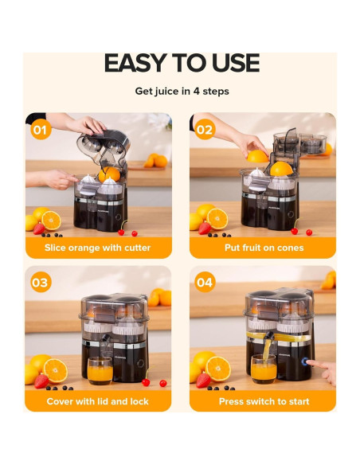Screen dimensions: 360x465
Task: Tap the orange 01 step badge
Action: [x=41, y=129]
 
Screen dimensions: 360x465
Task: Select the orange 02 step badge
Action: [x=205, y=129]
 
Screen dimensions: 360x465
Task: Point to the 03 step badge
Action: [x=41, y=282]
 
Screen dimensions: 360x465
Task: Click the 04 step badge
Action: [x=205, y=282]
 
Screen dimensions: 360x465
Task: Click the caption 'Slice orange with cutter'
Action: [x=97, y=248]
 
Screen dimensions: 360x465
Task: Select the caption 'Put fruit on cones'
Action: [x=264, y=248]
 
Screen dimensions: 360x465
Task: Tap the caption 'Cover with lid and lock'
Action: [x=97, y=401]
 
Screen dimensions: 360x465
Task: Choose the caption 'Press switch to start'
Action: [x=264, y=401]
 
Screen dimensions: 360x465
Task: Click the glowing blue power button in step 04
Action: [x=305, y=361]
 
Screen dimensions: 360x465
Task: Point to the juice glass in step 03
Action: [x=100, y=371]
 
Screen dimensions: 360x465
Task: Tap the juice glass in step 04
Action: [x=264, y=369]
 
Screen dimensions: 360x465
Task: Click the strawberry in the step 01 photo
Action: [x=39, y=229]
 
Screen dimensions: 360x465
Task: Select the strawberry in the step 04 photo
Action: [x=203, y=380]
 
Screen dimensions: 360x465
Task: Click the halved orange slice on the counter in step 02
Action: [x=217, y=219]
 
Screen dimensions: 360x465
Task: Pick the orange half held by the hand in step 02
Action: [x=257, y=156]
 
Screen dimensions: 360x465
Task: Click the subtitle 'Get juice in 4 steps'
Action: [x=182, y=91]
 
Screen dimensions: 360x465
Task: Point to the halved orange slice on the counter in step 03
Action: [x=56, y=371]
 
